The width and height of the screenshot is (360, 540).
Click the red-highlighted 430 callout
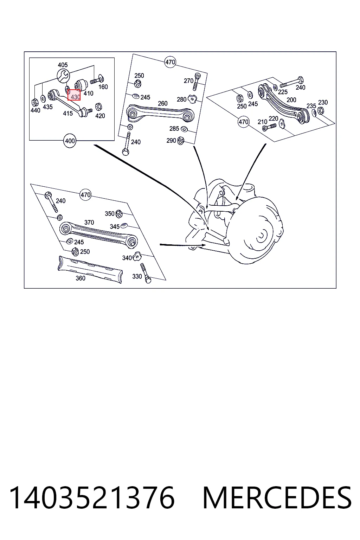[74, 95]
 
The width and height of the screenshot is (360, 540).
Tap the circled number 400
[70, 141]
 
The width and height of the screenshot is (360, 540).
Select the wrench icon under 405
[63, 76]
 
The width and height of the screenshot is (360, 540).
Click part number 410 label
[89, 93]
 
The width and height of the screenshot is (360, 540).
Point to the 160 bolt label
[103, 87]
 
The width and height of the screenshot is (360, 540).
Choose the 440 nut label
[36, 111]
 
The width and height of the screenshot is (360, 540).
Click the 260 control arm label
[162, 103]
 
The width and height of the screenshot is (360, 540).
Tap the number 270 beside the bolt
[188, 81]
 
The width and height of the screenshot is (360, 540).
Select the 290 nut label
[171, 140]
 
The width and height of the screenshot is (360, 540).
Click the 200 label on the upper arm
[291, 100]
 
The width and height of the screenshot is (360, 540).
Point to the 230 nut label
[323, 102]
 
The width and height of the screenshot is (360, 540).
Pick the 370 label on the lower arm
[89, 222]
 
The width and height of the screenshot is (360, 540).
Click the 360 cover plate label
[81, 278]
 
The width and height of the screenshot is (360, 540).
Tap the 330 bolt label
[137, 277]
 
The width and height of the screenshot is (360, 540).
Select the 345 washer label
[115, 227]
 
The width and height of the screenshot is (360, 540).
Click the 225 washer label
[283, 92]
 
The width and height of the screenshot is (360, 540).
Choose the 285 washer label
[174, 128]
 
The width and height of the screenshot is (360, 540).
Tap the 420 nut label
[100, 116]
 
